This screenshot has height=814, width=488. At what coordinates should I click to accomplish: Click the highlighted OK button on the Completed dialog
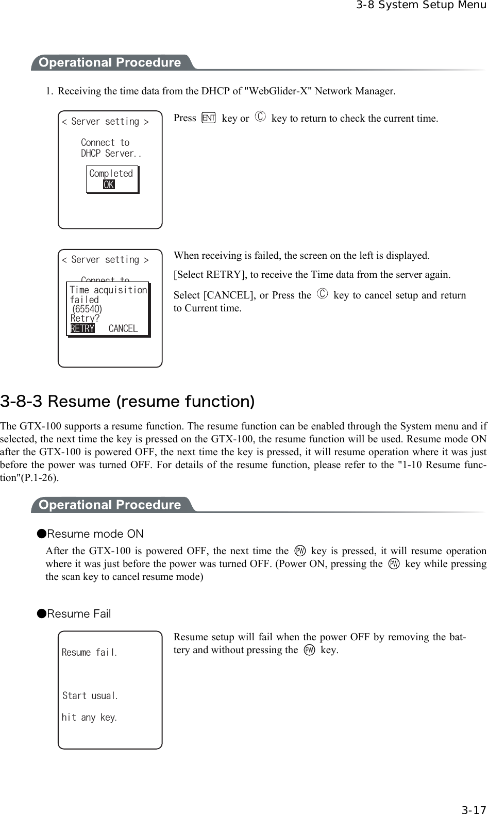coord(109,185)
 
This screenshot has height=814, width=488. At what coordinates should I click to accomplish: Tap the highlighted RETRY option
coord(82,329)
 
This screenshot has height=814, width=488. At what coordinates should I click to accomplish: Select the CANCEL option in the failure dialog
coord(123,329)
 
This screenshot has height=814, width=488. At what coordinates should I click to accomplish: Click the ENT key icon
coord(209,118)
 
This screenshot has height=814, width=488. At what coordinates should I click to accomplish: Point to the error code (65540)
coord(87,309)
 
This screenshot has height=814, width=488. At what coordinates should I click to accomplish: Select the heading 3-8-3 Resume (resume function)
coord(127,401)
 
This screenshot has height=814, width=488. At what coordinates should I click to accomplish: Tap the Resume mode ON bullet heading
coord(95,534)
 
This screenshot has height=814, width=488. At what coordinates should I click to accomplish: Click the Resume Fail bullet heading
coord(78,613)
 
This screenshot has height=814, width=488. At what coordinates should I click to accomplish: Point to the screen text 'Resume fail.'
coord(89,653)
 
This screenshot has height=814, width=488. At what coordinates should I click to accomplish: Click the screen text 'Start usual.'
coord(90,696)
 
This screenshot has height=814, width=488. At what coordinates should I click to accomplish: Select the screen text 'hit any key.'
coord(89,718)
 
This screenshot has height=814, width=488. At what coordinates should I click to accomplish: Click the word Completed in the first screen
coord(111,174)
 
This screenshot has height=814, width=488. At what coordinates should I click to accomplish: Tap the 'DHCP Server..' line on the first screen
coord(111,154)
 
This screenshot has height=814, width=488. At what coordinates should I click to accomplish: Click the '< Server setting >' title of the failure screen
coord(105,260)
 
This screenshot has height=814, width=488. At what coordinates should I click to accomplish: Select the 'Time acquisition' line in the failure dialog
coord(108,290)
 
